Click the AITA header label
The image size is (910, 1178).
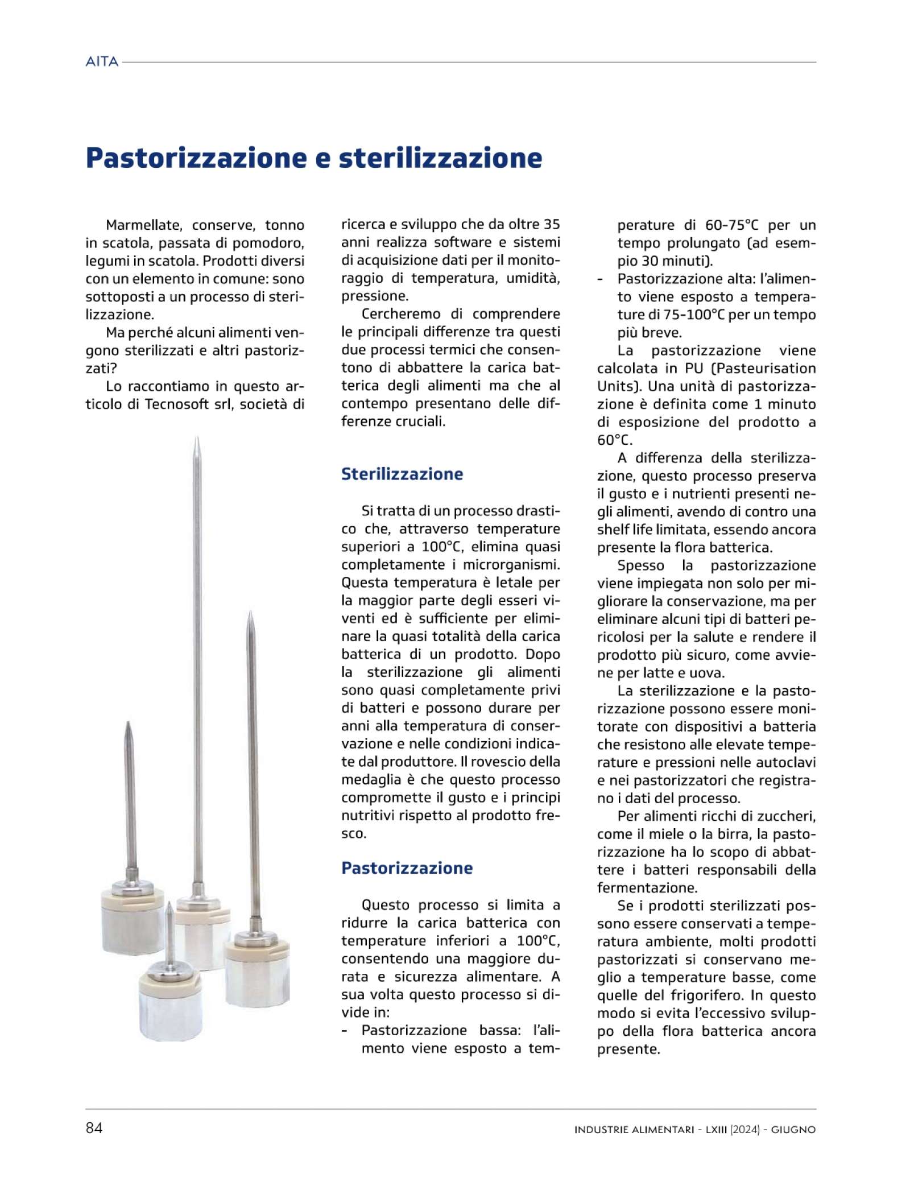click(102, 61)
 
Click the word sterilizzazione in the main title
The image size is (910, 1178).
click(440, 158)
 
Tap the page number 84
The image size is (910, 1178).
click(94, 1128)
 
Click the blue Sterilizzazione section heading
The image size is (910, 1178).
click(402, 474)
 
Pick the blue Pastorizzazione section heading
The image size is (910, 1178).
click(407, 868)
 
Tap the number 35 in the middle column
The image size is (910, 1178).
click(551, 224)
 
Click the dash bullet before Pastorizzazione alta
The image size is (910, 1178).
click(600, 279)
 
